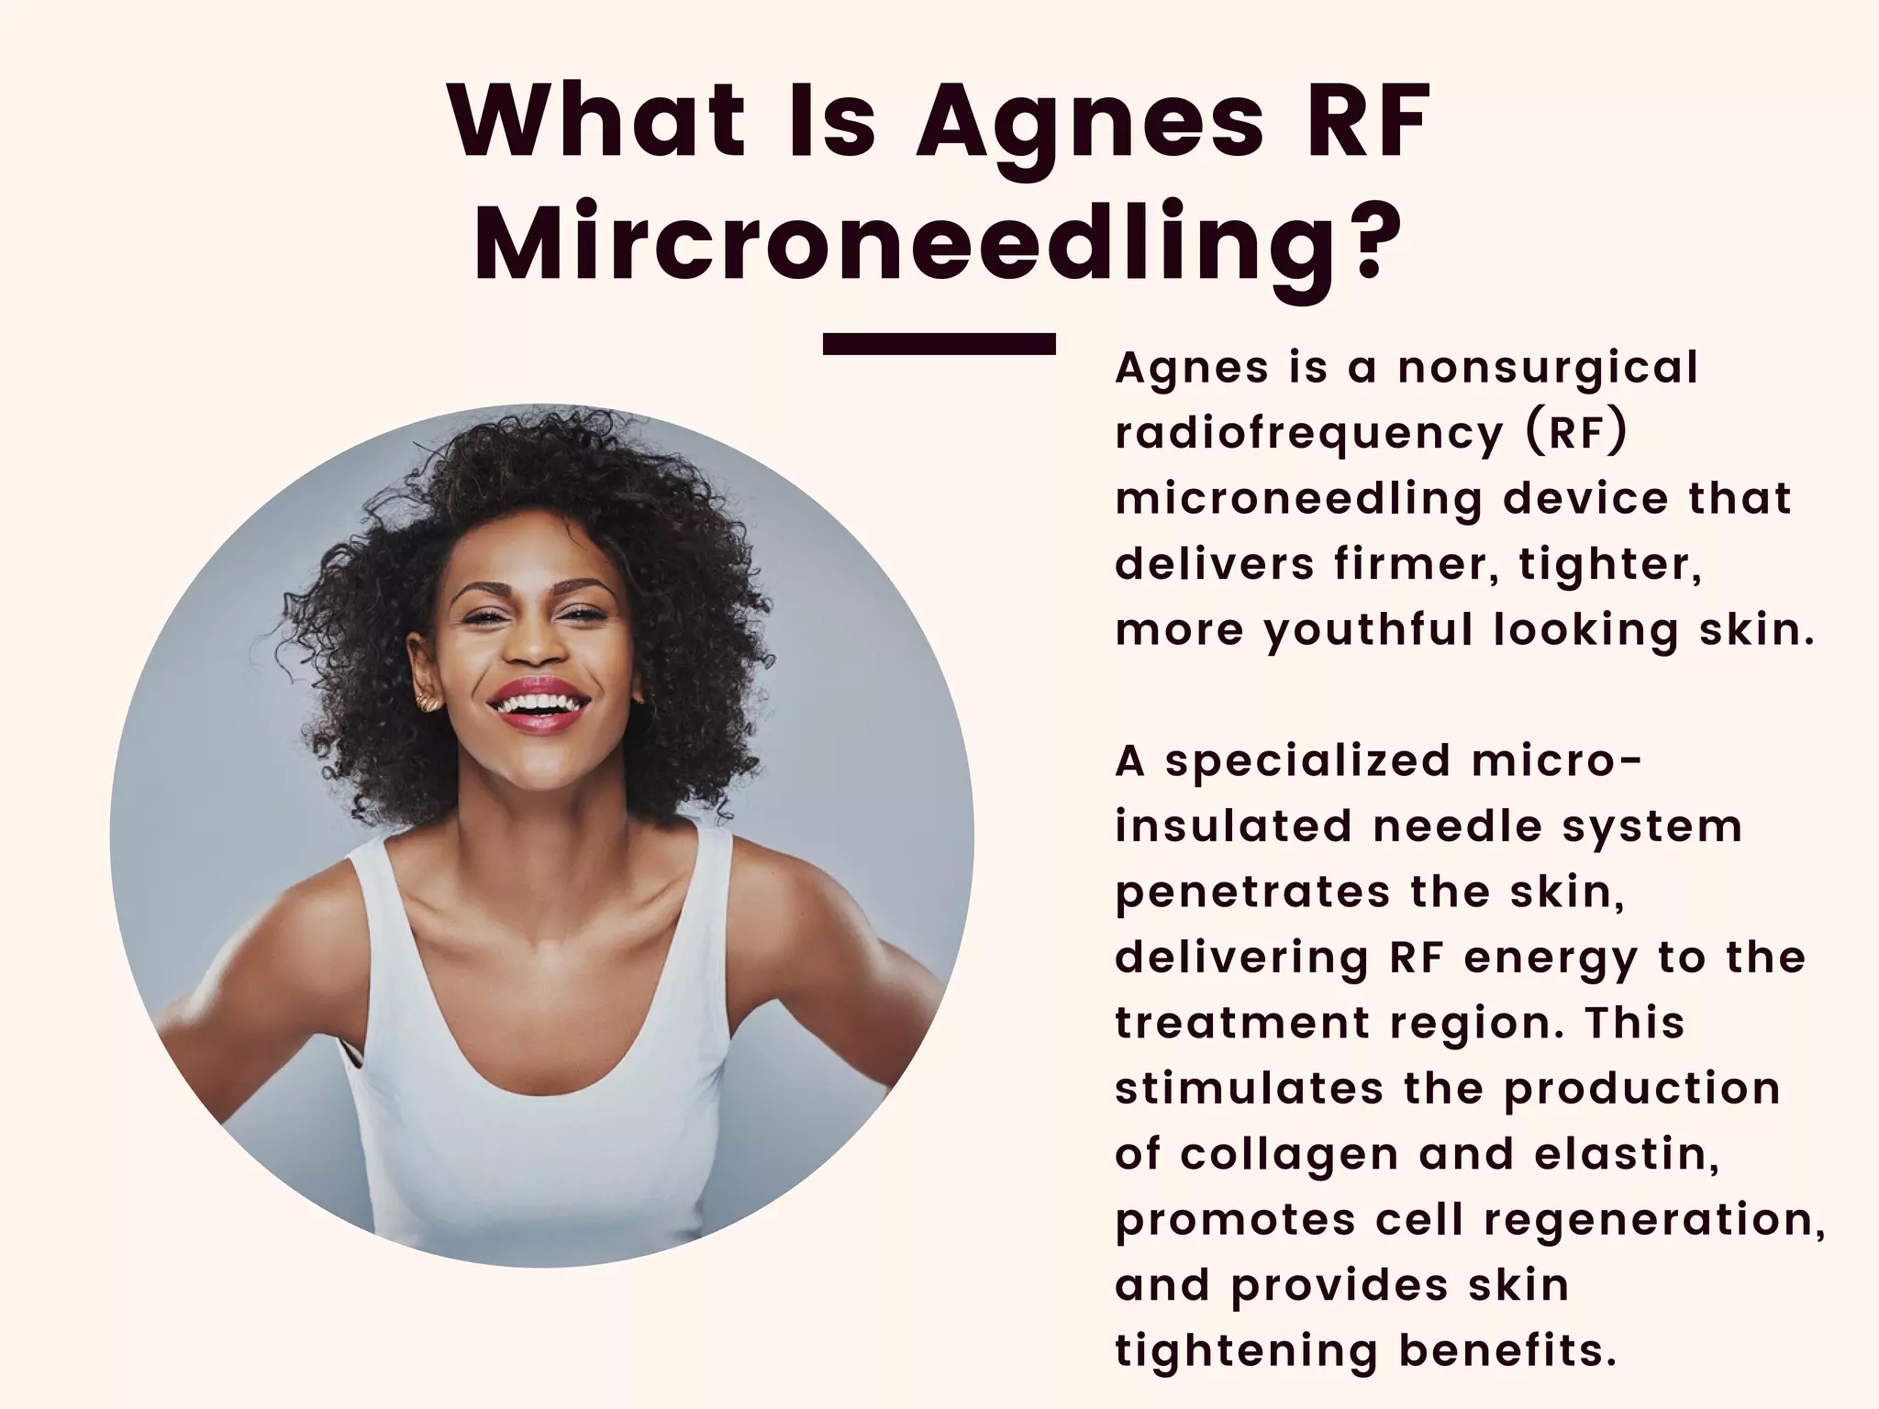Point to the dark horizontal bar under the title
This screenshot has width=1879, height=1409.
(939, 344)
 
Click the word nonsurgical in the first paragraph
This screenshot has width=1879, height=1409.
(1548, 369)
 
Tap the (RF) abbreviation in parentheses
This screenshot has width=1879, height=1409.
(1577, 433)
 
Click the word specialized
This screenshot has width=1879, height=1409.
(1308, 761)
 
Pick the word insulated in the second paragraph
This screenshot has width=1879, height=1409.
(1233, 826)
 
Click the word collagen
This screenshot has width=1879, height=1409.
(1289, 1154)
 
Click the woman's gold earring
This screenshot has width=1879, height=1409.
(428, 703)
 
